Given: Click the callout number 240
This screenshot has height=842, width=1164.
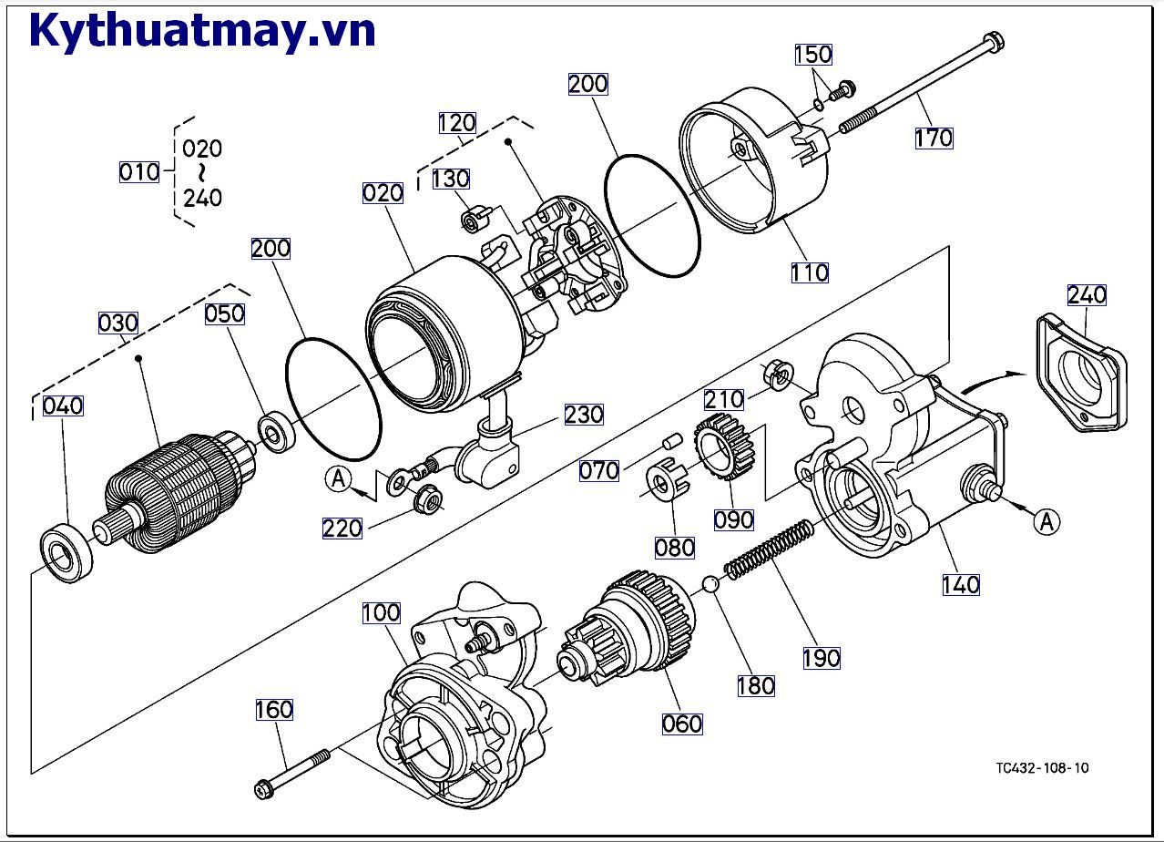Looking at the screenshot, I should tap(1087, 294).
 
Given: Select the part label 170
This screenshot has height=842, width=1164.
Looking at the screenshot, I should tap(934, 138).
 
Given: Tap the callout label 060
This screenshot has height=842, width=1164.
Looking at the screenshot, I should tap(682, 724).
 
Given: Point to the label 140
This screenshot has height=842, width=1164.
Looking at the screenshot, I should tap(961, 584).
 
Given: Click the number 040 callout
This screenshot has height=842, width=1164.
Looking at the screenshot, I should tap(63, 406).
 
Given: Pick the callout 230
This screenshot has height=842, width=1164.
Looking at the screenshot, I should tap(584, 415).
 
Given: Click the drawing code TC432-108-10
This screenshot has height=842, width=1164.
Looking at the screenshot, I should tap(1042, 767).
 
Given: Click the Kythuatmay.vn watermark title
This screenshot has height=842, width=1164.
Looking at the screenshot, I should tap(202, 30).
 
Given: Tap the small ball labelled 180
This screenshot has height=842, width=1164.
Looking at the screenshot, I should tap(711, 584).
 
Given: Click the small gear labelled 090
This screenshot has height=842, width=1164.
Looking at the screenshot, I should tap(720, 446).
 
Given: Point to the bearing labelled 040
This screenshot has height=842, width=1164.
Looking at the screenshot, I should tap(66, 552).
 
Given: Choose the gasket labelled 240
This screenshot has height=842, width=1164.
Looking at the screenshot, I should tap(1079, 373).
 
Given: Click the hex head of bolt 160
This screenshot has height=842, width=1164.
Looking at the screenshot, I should tap(263, 785).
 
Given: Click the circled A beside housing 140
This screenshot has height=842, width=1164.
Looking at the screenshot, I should tap(1047, 521).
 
